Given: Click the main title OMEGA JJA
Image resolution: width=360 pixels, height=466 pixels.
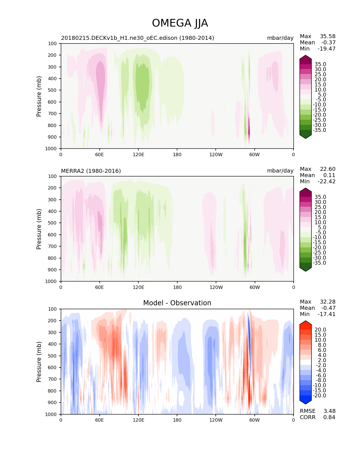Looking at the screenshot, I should point(180,23).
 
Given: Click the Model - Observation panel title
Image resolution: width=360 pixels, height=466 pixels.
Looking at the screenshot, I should point(177,303).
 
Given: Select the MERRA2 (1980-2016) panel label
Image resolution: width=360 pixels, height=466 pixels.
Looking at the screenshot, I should point(91,171).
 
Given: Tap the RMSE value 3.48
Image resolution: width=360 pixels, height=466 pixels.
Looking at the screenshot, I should point(329,411).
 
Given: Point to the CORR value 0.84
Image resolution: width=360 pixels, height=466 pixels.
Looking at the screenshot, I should point(329,417).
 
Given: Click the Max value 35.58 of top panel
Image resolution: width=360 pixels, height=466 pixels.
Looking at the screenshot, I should point(328,36).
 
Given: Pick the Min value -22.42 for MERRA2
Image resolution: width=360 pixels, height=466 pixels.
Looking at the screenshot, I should point(327,181).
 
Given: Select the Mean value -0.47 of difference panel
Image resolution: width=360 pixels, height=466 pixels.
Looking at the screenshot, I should point(328,308).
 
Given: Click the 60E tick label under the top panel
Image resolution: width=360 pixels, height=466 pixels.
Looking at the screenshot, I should point(99,154).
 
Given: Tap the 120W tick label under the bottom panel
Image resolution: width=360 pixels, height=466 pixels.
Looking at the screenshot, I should point(216,420).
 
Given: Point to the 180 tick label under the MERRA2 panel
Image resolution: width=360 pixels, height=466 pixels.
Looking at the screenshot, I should point(177,287).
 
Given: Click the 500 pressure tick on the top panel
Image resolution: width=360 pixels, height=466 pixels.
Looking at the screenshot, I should point(53,90).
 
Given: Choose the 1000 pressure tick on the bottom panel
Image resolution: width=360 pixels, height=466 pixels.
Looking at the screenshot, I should point(51,414).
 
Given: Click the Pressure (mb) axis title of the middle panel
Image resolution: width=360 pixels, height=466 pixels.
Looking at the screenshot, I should point(39,229).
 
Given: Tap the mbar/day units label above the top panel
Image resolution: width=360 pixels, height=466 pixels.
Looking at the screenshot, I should point(280,38).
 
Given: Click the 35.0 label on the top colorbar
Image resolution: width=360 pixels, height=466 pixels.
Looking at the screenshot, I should point(320,64).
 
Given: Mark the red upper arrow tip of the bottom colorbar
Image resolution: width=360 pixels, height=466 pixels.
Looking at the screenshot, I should point(306,322).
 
